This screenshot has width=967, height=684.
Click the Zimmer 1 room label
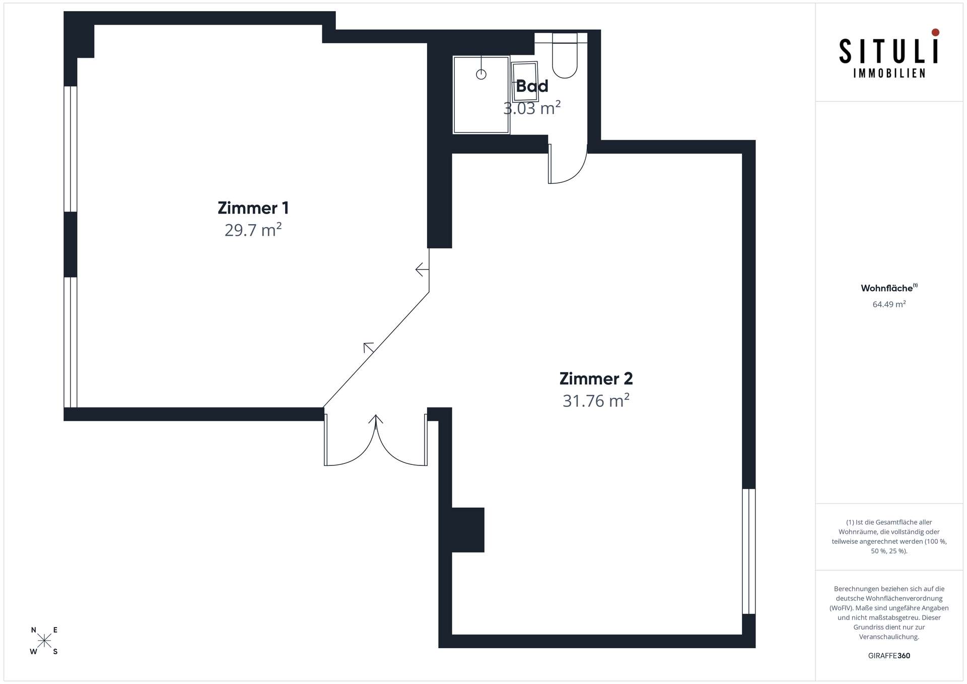coord(253,208)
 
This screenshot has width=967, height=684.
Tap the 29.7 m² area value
coord(253,230)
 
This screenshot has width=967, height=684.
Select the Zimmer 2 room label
coord(596,378)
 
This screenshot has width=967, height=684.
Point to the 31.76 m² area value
coord(596,400)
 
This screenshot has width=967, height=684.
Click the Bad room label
coord(532,86)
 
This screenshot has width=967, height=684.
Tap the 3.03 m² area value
coord(532,108)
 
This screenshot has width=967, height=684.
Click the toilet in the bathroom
coord(565,55)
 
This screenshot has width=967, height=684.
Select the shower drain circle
coord(481,75)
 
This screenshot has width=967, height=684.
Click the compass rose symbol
coord(44,641)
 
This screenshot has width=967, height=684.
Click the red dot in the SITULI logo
coord(935,32)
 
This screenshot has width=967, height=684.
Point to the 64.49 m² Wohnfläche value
coord(889,304)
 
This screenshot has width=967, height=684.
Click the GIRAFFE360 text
coord(889,656)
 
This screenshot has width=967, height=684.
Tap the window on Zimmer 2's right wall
coord(749,551)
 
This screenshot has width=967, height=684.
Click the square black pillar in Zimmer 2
coord(468,530)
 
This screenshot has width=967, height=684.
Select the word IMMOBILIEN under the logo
coord(889,74)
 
